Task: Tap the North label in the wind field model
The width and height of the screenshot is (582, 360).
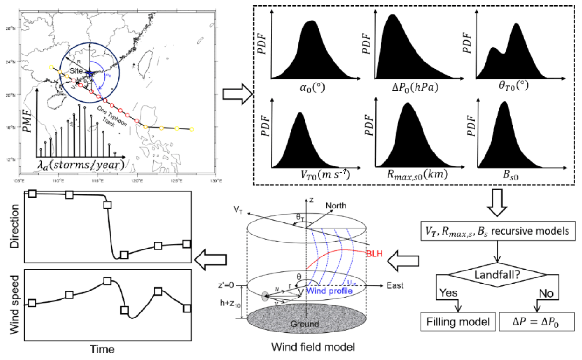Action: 336,205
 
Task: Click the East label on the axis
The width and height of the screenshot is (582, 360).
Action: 395,285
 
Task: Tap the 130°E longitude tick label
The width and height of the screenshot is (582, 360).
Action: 215,181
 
